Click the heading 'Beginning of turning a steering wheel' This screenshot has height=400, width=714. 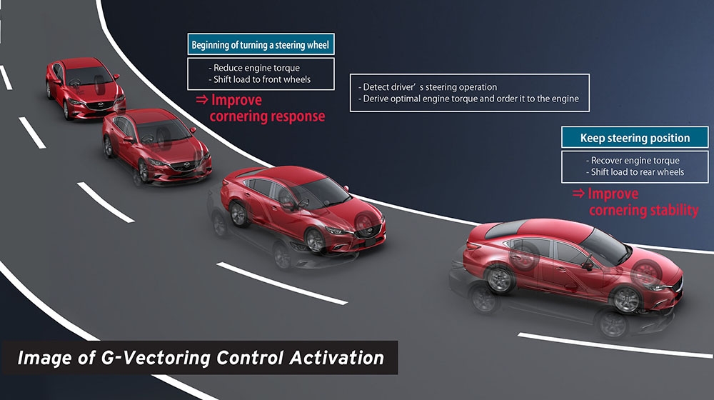coord(260,45)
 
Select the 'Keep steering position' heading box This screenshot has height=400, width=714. coord(635,137)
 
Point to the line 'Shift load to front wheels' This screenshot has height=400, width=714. coord(260,79)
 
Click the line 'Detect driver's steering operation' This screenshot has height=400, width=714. coord(428,87)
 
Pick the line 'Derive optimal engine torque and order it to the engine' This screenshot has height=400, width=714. coord(468,99)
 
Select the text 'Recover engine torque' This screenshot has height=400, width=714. coord(633,161)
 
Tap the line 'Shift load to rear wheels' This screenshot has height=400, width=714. coord(635,171)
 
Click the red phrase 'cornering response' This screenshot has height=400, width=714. coord(267,116)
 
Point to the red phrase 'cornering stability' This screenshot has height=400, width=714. coord(644,210)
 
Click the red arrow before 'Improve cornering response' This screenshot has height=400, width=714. coord(202,99)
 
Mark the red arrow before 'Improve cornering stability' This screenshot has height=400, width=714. coord(578,193)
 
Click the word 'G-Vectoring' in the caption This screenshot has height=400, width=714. coord(155,358)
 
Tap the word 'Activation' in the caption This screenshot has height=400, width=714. coord(337,358)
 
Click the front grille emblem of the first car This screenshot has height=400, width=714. coord(101,105)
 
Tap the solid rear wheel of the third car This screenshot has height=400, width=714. coord(238,214)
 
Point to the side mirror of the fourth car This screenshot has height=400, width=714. coord(588,265)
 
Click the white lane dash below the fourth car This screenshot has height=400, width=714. coord(615,345)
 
